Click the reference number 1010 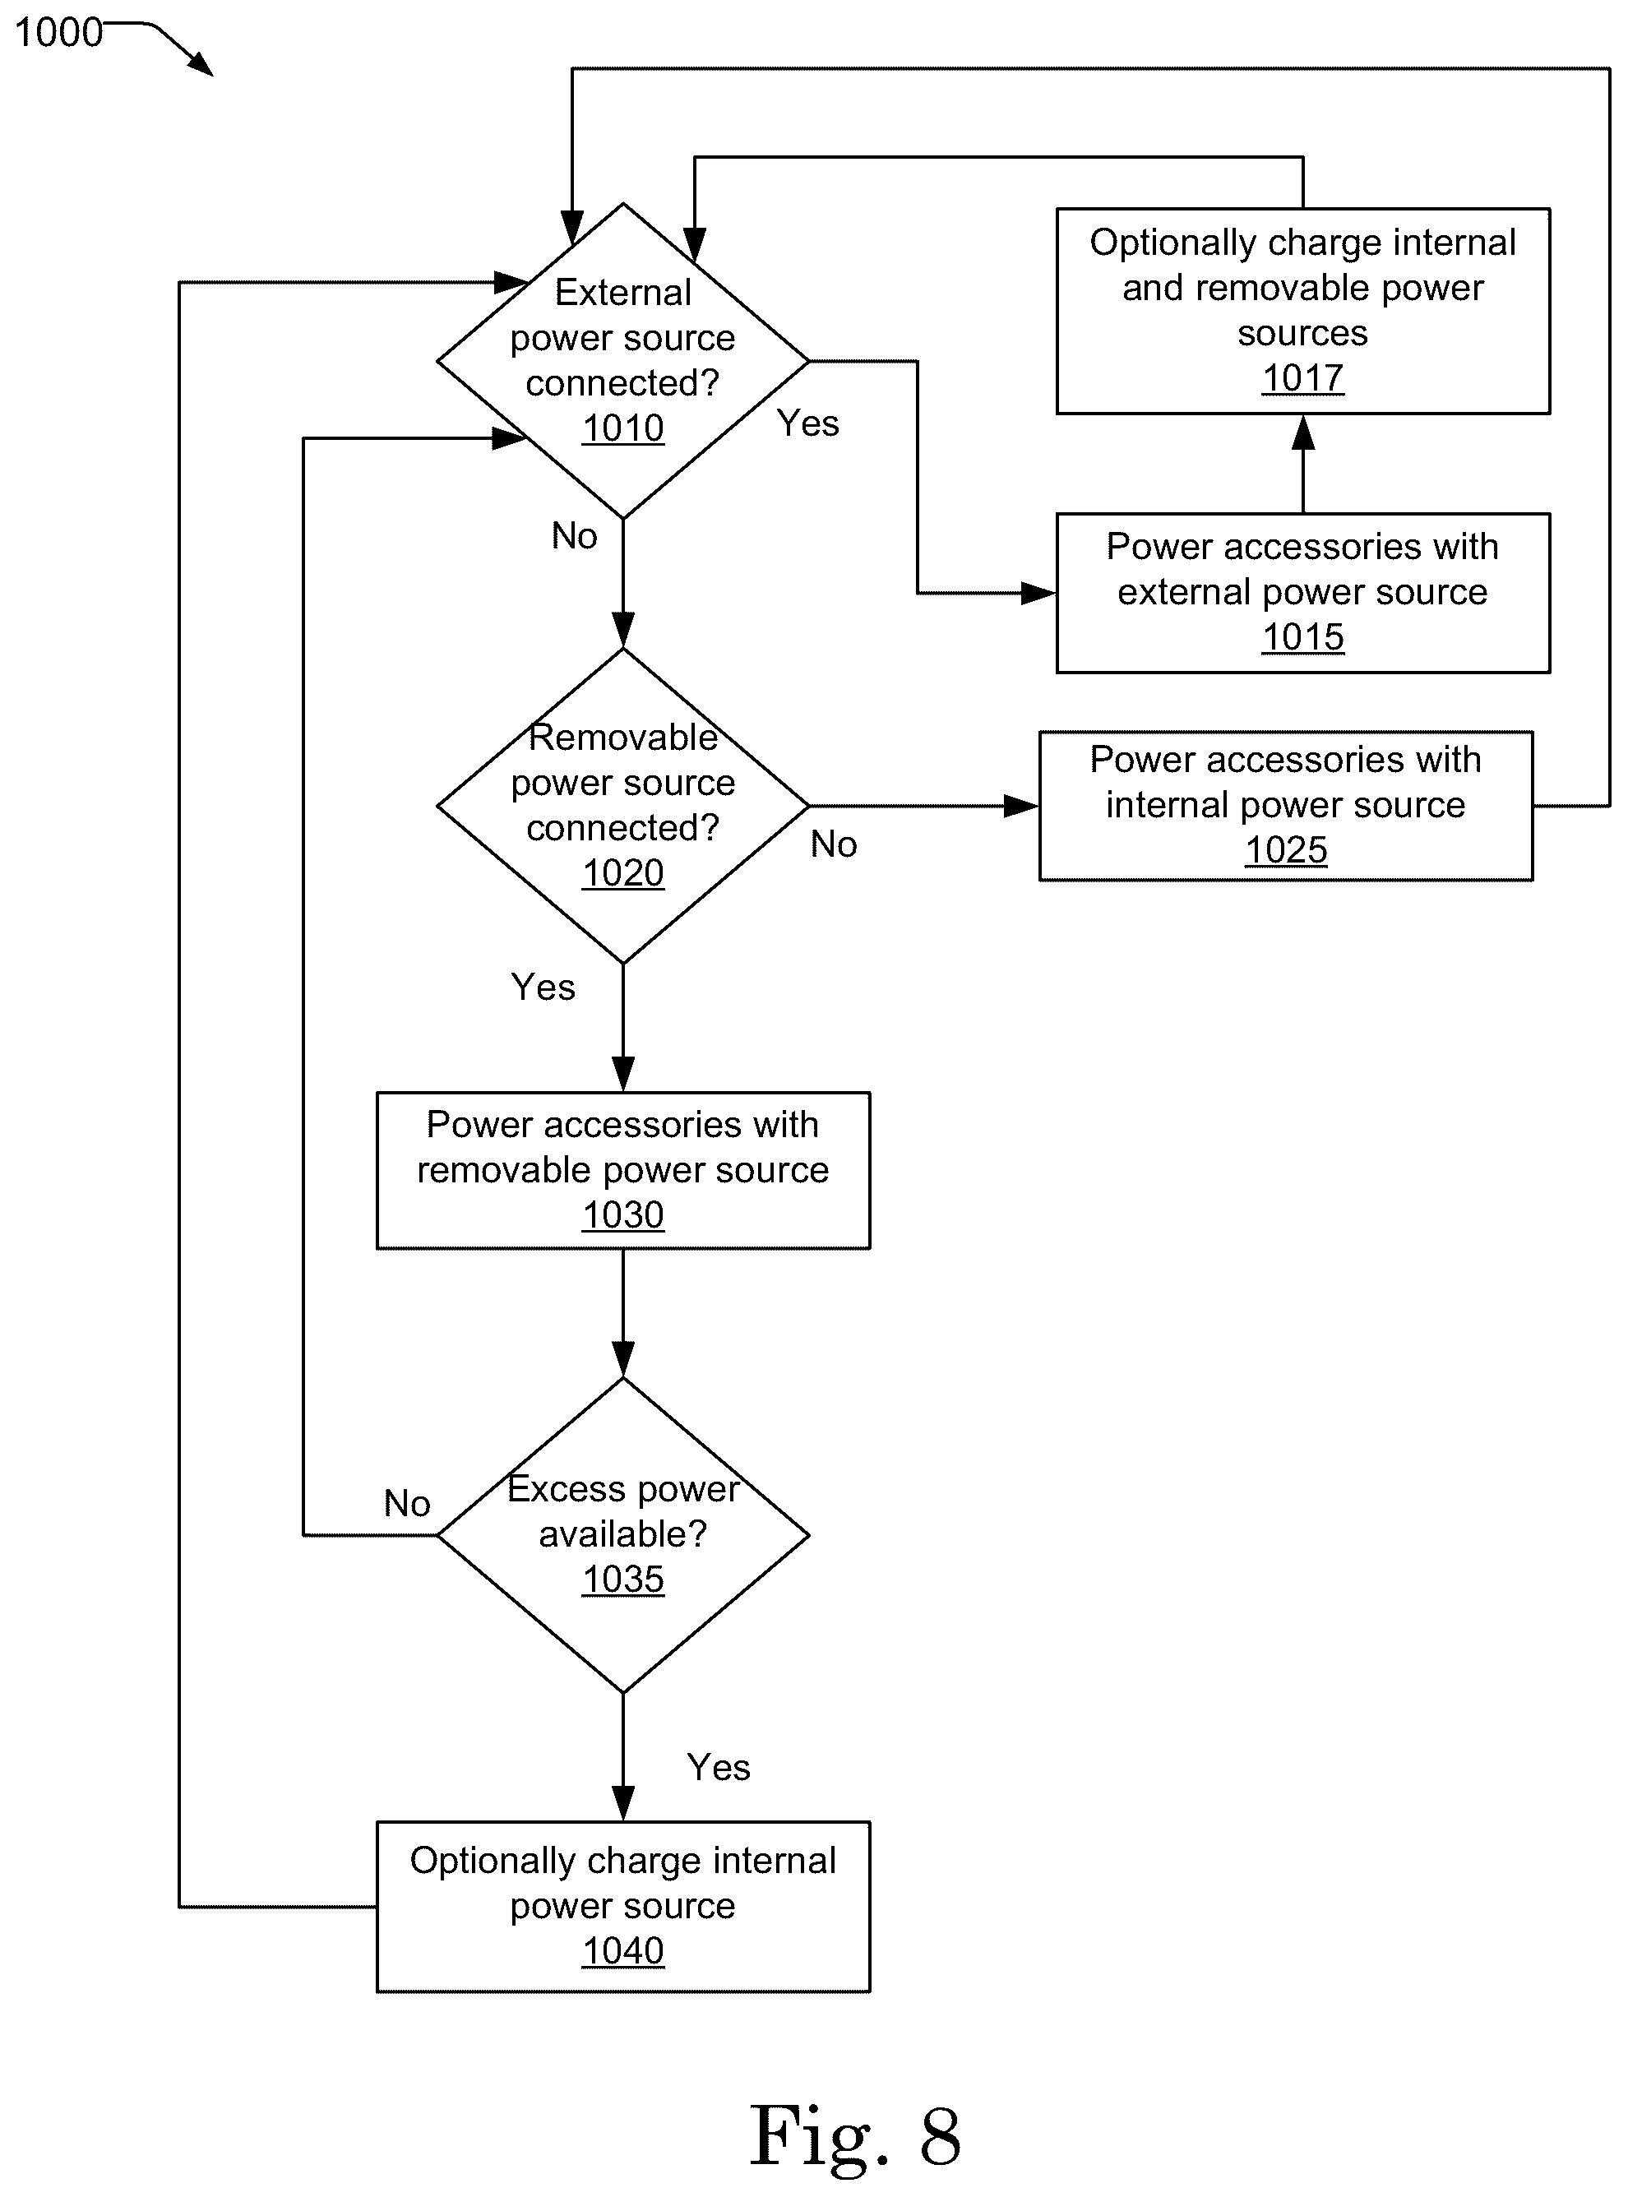622,428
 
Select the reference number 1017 1302,378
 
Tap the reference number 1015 1302,637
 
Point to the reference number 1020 622,873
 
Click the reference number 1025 1286,850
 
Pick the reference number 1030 622,1214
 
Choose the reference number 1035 622,1580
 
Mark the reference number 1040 622,1950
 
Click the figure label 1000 59,33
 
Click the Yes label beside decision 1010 808,423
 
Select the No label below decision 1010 575,536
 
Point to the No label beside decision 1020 834,844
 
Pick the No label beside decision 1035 407,1503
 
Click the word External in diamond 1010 622,293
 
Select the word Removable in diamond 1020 622,737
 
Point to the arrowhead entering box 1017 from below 1302,432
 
